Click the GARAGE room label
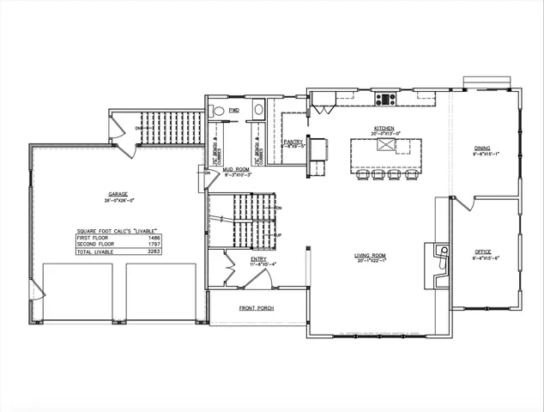click(x=118, y=194)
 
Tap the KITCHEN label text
click(x=383, y=129)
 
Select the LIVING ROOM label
click(x=372, y=255)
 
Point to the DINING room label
click(x=482, y=148)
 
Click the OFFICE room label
click(x=484, y=252)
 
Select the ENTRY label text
click(x=258, y=257)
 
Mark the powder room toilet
click(x=219, y=111)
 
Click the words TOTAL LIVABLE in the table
click(x=94, y=252)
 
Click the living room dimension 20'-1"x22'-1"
click(x=372, y=261)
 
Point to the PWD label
click(x=233, y=111)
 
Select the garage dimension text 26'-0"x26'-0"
click(x=118, y=200)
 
